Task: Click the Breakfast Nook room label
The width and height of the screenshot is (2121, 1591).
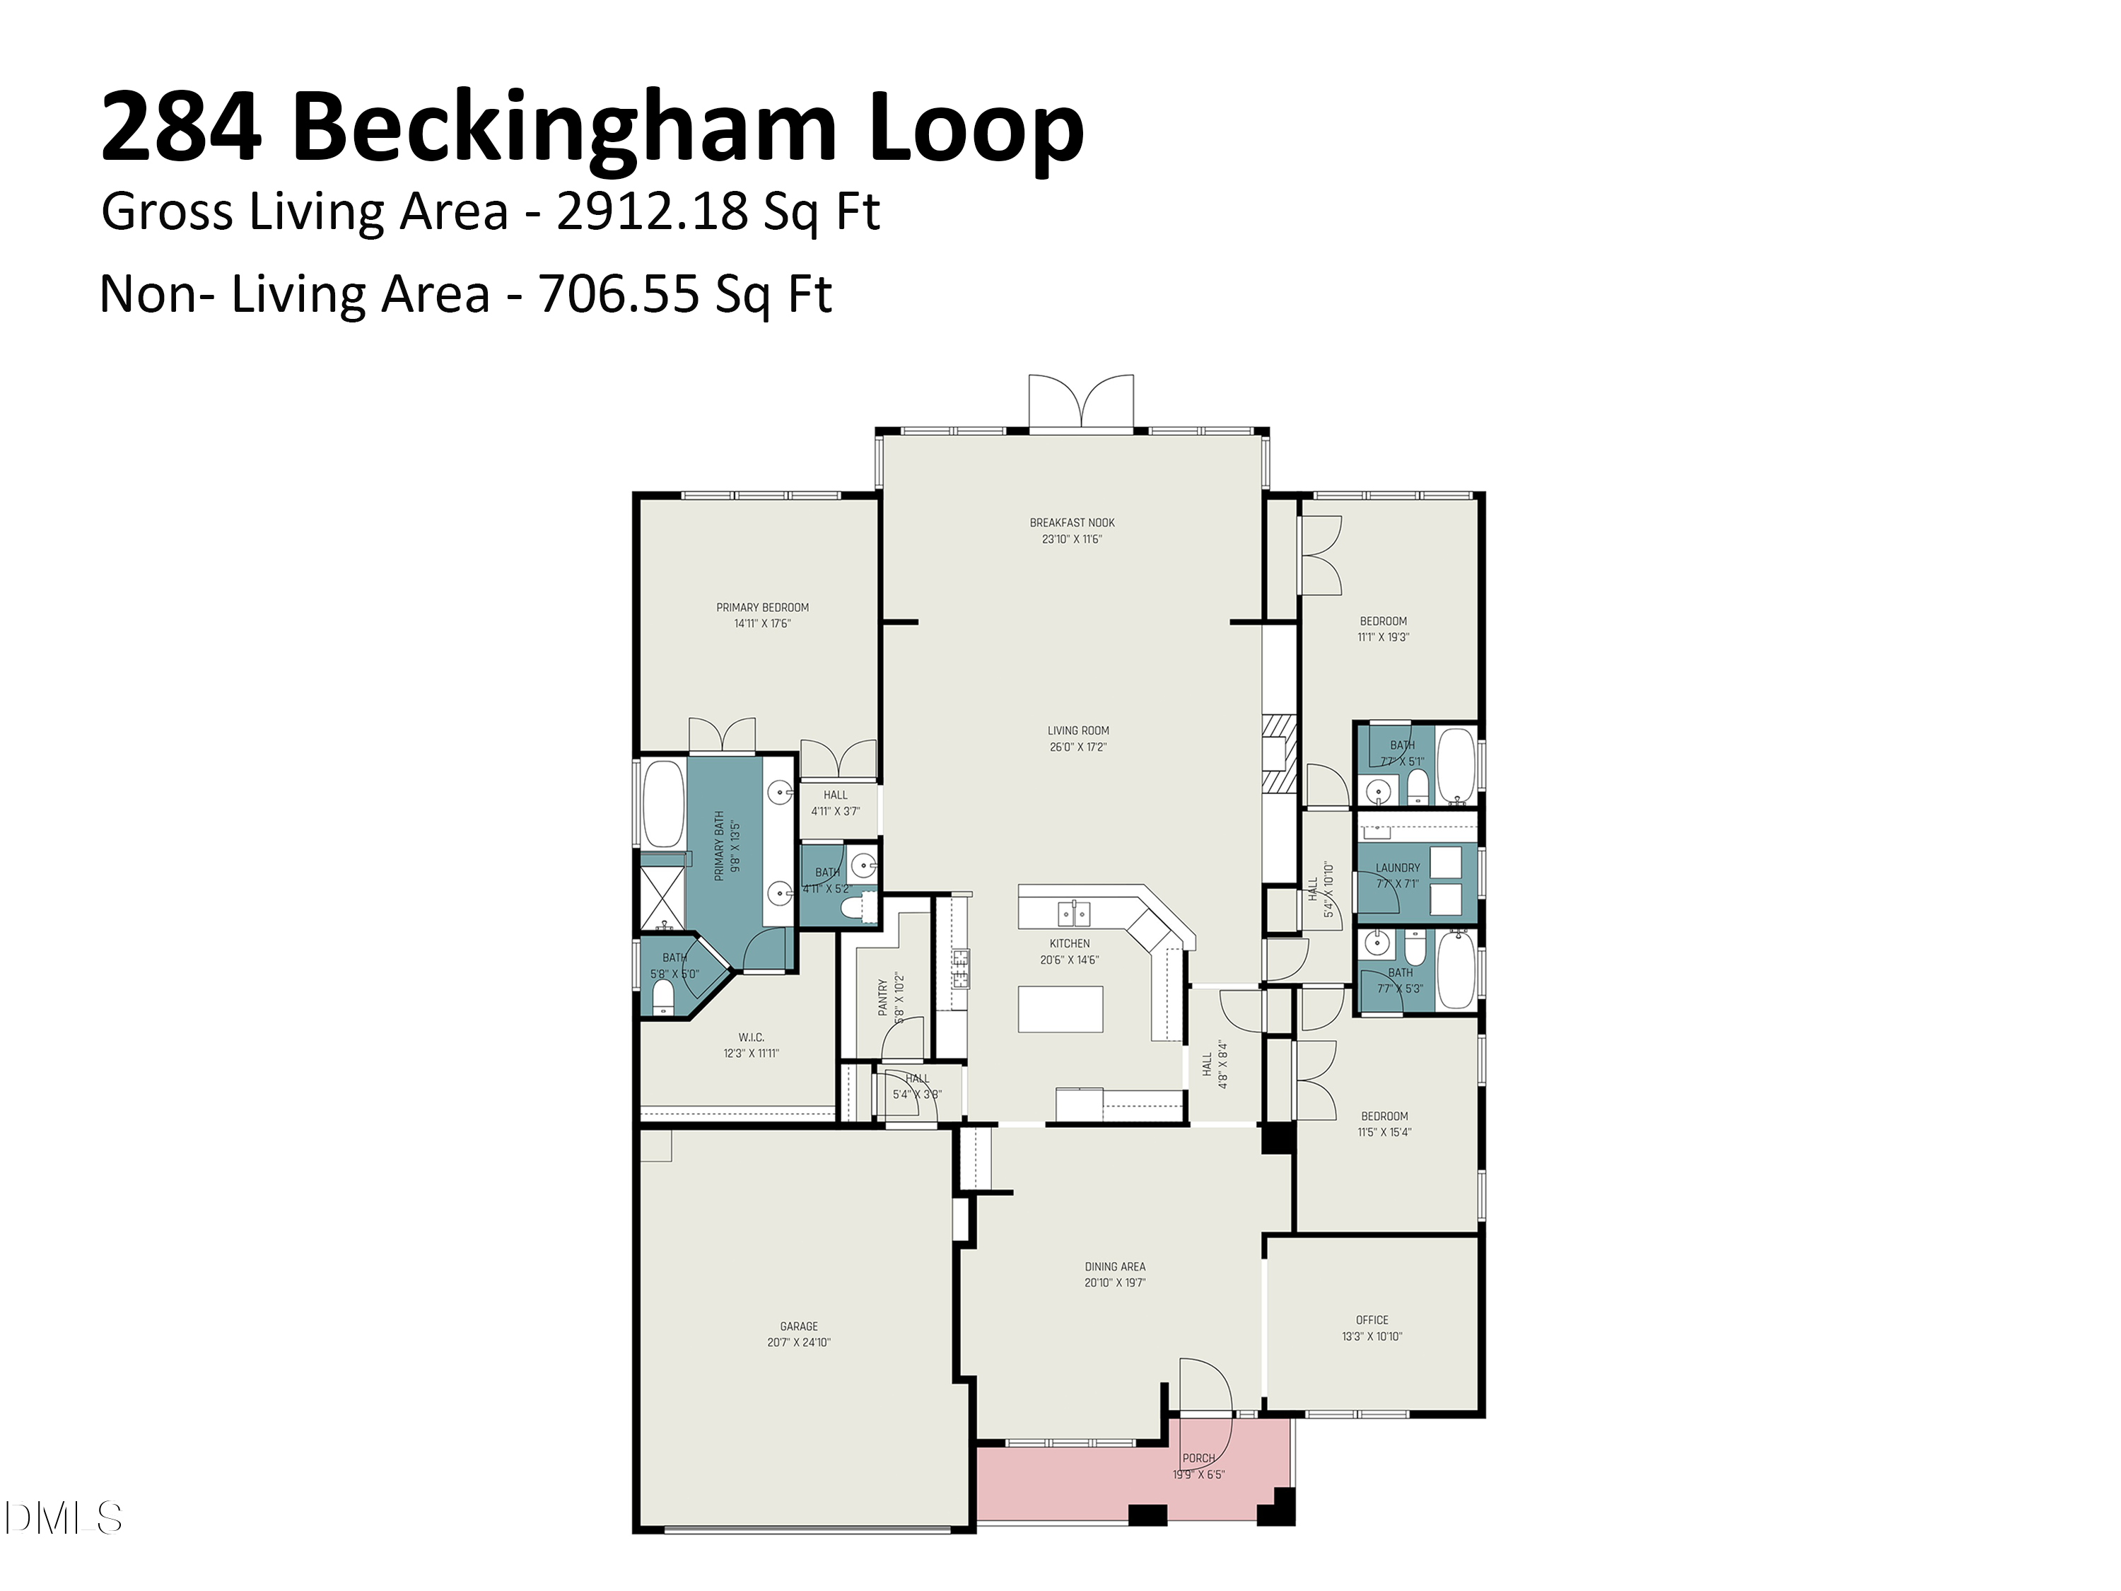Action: [x=1072, y=523]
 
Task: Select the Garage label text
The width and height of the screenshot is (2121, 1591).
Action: [x=799, y=1327]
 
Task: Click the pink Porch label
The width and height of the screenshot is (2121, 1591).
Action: [x=1198, y=1457]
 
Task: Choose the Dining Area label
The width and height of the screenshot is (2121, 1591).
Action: [x=1115, y=1267]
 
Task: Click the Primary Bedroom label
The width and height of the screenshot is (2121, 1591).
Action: [x=762, y=607]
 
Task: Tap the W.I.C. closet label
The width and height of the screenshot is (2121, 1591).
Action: [x=751, y=1037]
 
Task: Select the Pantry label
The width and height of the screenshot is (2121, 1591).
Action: [x=883, y=997]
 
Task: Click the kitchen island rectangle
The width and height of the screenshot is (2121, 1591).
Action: [x=1060, y=1009]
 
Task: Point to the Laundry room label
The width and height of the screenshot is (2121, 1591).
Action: [x=1397, y=868]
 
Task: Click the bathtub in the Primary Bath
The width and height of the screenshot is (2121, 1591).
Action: [x=662, y=804]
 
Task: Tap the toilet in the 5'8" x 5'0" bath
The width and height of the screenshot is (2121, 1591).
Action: [x=662, y=997]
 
